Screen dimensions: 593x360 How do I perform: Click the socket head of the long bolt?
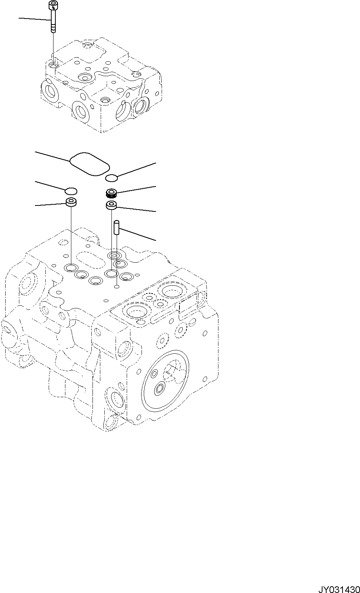click(53, 5)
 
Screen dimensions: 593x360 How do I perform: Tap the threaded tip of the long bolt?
click(53, 29)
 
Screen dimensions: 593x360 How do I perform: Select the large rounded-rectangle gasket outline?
click(89, 163)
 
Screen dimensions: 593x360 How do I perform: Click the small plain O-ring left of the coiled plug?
click(71, 191)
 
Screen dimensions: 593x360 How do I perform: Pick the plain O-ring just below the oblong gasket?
click(111, 178)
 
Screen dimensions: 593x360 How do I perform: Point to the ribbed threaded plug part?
click(111, 193)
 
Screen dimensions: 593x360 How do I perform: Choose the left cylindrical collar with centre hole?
click(71, 202)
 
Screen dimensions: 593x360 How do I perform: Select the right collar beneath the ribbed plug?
click(111, 205)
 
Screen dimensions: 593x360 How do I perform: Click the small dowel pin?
click(116, 227)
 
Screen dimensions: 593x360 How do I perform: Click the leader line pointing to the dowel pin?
click(137, 235)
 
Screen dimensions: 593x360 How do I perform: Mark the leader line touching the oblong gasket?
click(52, 156)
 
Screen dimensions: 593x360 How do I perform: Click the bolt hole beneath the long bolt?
click(53, 66)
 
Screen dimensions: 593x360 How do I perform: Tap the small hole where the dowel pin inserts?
click(117, 286)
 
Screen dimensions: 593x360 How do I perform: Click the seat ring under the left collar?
click(71, 267)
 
